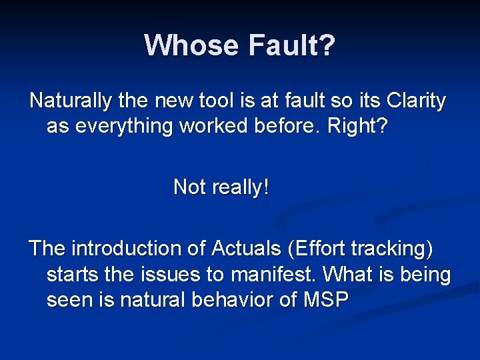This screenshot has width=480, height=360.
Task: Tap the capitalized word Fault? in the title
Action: point(291,45)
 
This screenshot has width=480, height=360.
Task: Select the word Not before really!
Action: point(189,187)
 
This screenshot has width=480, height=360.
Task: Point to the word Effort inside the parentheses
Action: point(319,249)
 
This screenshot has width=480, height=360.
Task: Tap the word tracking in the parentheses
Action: point(394,249)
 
